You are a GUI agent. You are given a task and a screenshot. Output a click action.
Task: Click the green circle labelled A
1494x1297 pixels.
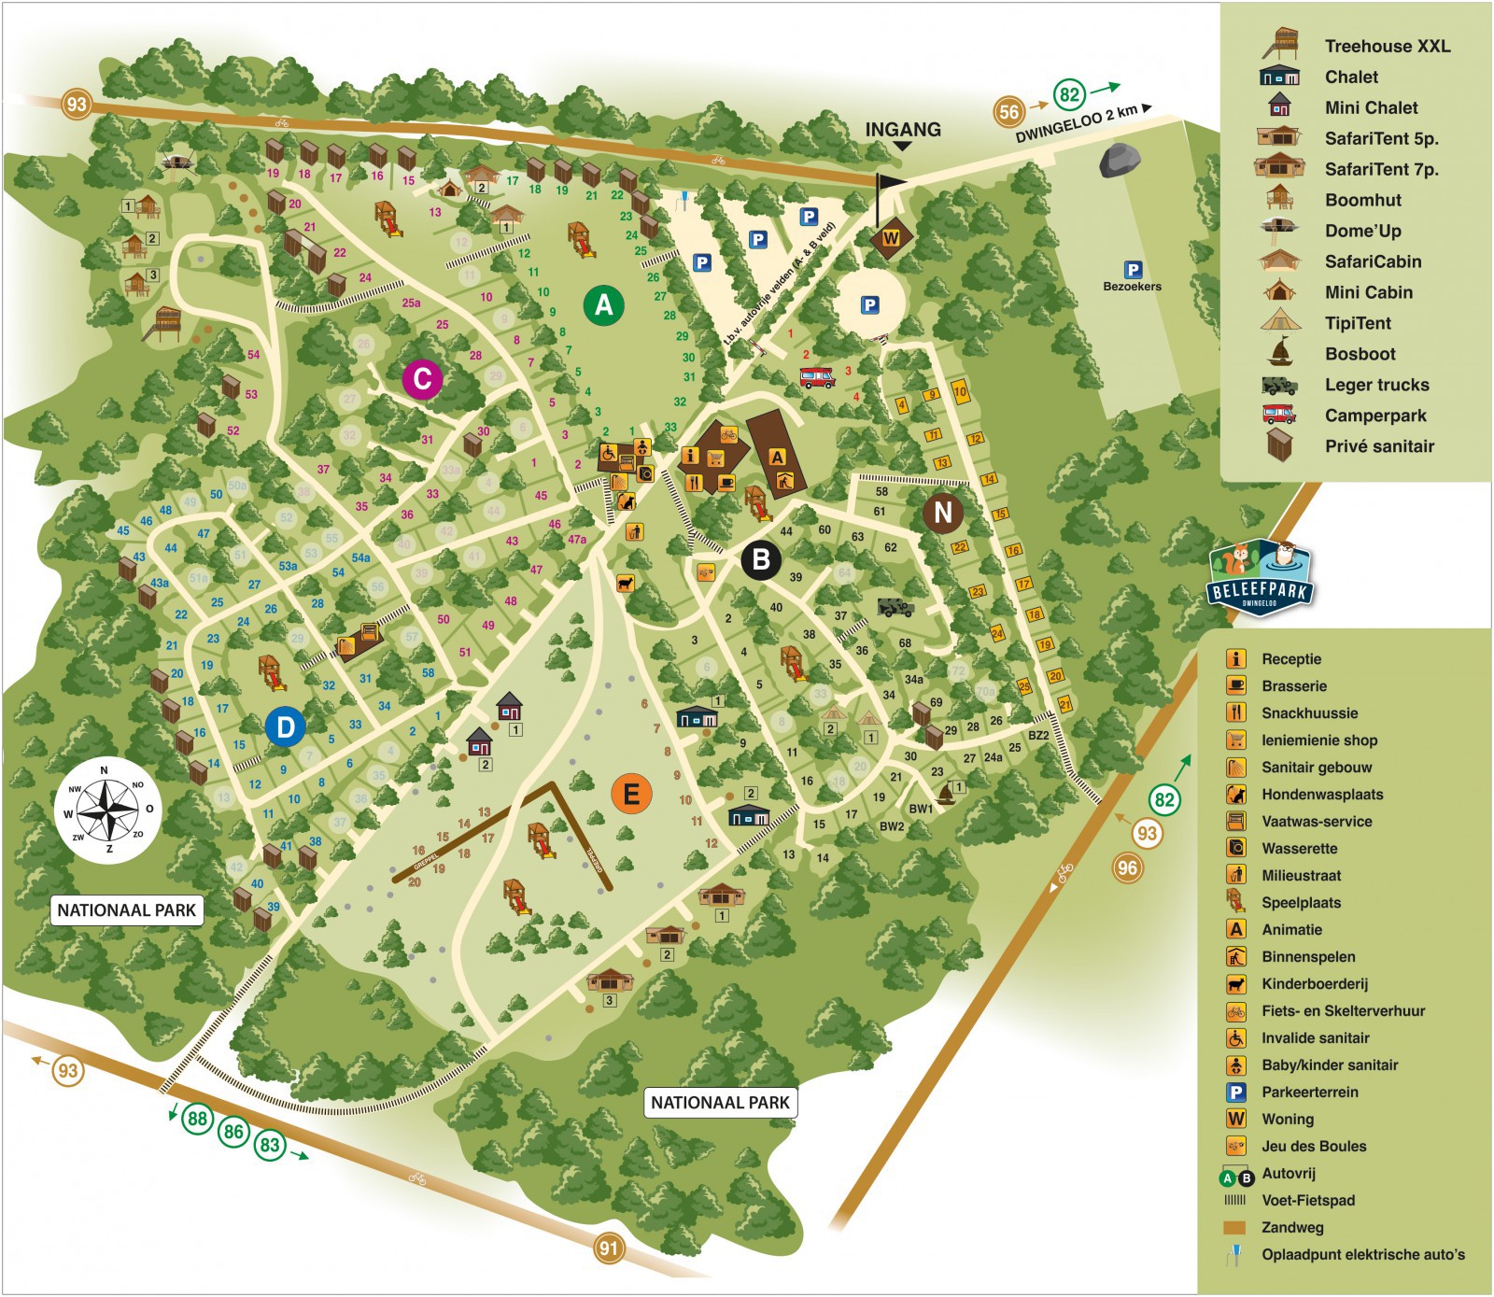pos(604,304)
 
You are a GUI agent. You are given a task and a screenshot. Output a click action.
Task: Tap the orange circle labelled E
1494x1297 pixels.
pos(631,795)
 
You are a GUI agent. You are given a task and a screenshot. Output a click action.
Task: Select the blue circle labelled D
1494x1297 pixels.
pos(285,727)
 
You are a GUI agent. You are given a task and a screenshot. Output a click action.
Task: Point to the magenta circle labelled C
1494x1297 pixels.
pos(422,379)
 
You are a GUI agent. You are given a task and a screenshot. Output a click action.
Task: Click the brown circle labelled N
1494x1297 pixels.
pos(943,512)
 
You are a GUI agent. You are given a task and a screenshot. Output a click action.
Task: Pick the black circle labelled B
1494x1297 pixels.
pos(761,559)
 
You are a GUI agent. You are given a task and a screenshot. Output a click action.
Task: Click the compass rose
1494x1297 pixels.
pos(108,810)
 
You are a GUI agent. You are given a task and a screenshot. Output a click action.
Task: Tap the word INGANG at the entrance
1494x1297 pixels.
pos(903,130)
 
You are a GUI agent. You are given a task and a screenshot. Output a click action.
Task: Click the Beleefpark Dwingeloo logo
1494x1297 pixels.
pos(1261,579)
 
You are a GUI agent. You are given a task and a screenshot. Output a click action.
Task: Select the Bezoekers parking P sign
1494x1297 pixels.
pos(1133,270)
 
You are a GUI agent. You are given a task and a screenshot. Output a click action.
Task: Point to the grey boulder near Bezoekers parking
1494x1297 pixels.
pos(1120,161)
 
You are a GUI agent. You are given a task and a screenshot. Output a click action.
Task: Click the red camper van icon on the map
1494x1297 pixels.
pos(817,377)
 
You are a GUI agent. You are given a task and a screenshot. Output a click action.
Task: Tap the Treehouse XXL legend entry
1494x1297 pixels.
pos(1387,46)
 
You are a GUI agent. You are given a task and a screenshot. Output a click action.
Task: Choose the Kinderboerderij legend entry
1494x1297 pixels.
pos(1314,983)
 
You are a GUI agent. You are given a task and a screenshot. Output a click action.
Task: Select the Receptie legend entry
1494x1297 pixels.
pos(1290,658)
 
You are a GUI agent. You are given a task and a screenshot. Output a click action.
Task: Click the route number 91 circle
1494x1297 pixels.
pos(609,1248)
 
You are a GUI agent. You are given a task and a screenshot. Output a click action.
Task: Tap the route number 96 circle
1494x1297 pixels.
pos(1127,867)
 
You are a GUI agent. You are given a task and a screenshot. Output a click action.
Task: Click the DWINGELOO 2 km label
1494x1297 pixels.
pos(1077,122)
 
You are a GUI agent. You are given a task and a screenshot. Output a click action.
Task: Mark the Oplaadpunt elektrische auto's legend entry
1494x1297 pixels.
pos(1362,1254)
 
